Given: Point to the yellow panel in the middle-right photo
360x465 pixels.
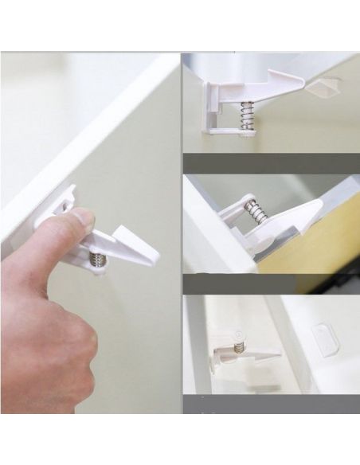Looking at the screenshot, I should (319, 239).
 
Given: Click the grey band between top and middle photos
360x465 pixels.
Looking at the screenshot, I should (271, 163).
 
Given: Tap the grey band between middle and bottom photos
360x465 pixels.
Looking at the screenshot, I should (271, 283).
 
